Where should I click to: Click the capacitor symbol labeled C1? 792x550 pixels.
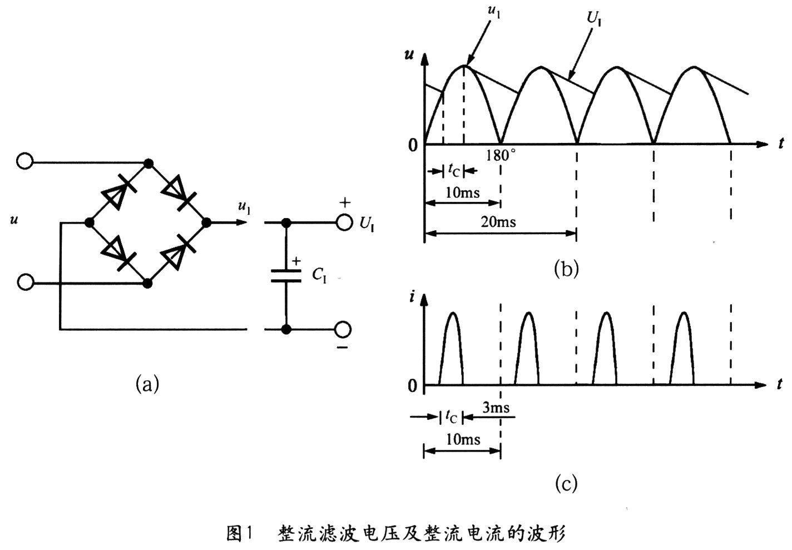[286, 275]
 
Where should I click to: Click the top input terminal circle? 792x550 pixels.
[25, 161]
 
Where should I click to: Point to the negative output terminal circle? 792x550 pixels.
[343, 330]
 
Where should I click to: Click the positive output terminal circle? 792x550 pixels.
[344, 222]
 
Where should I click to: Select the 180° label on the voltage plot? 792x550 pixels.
[501, 156]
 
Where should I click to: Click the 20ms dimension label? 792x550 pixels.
[498, 222]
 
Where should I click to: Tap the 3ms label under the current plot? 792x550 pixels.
[496, 408]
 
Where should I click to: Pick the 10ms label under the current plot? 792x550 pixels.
[463, 439]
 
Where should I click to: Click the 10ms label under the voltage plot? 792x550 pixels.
[463, 192]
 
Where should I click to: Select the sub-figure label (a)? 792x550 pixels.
[147, 384]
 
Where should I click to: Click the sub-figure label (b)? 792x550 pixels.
[566, 269]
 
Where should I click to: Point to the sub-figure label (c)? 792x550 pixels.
[566, 483]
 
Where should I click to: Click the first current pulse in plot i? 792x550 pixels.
[452, 348]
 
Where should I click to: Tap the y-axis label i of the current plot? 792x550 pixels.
[412, 297]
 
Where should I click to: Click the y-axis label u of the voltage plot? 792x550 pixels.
[410, 56]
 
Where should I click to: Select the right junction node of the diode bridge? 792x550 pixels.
[207, 222]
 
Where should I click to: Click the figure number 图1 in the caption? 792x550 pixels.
[240, 534]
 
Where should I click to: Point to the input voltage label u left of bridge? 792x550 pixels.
[14, 220]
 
